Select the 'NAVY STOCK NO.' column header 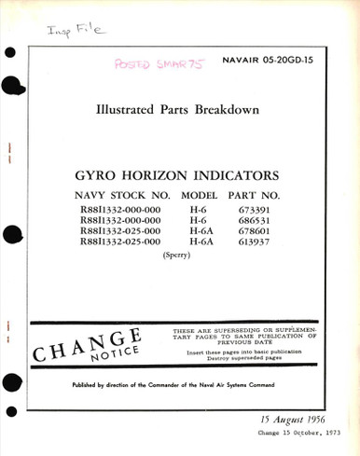124,196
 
